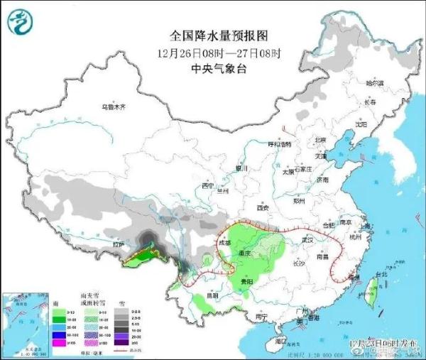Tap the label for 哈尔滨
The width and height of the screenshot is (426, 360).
click(x=374, y=84)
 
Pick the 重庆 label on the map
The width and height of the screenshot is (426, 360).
click(x=247, y=254)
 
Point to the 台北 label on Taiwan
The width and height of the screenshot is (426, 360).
click(x=381, y=274)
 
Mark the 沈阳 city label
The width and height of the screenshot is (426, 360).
click(x=361, y=124)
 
